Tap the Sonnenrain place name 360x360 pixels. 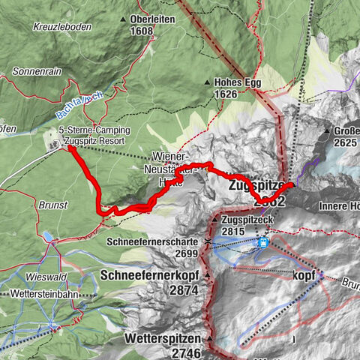[35, 73]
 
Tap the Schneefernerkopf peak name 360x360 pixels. [145, 275]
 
